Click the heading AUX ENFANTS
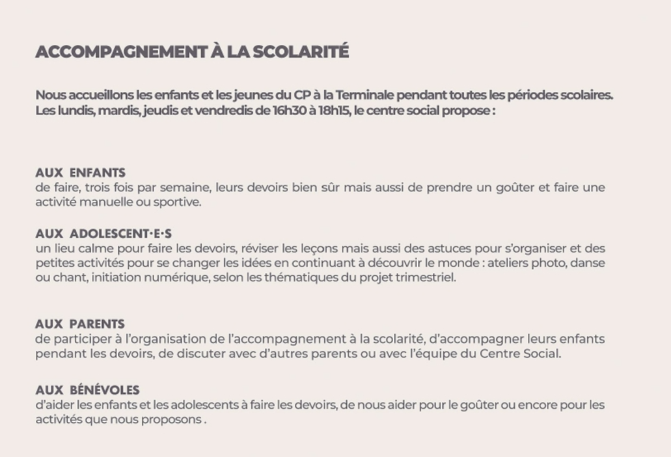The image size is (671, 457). tap(81, 173)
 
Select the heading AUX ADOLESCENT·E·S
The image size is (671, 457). tap(103, 234)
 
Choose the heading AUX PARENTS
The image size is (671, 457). tap(80, 324)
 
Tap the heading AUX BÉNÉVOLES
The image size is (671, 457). tap(87, 390)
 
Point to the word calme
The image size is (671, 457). tap(79, 249)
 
